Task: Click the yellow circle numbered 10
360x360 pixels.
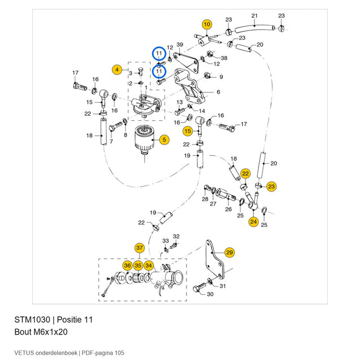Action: tap(207, 24)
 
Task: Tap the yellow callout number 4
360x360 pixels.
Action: tap(117, 69)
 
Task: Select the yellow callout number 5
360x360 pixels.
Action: tap(164, 139)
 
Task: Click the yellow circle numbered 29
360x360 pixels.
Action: tap(230, 252)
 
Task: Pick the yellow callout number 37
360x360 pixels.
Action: tap(139, 248)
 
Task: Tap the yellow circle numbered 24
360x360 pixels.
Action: tap(253, 222)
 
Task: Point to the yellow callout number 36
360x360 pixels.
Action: tap(128, 266)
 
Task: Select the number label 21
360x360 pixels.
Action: tap(255, 16)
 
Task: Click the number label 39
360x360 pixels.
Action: tap(180, 45)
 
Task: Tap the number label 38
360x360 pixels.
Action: tap(224, 58)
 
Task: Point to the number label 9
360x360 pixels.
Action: tap(221, 77)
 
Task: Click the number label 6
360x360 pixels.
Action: tap(218, 92)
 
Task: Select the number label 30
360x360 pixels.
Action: tap(210, 294)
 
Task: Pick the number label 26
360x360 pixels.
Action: tap(228, 209)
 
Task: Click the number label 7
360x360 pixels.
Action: tap(111, 142)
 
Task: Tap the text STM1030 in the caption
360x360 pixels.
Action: tap(32, 320)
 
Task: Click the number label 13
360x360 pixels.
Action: tap(180, 102)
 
